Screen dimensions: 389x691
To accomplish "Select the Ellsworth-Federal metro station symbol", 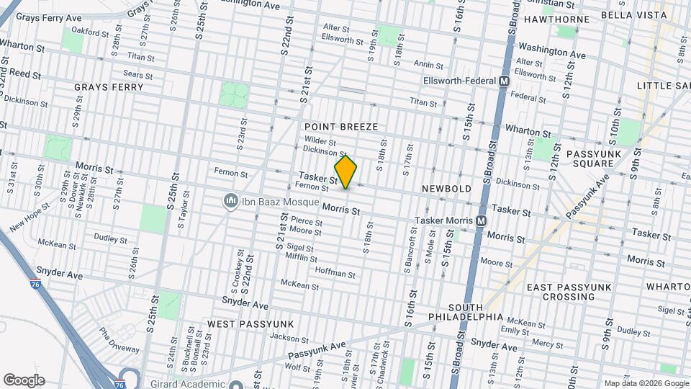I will point(505,81).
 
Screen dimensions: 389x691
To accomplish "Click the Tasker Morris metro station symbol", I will point(481,220).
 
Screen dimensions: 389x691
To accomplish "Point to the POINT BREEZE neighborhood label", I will point(340,127).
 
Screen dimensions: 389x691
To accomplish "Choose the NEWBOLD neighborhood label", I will point(446,189).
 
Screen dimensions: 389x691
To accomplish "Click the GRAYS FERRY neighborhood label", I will point(109,87).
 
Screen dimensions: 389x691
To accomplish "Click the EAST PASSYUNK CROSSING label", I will point(569,292).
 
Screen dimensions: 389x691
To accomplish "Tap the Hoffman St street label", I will point(335,273).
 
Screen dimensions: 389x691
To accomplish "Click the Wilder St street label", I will point(320,141).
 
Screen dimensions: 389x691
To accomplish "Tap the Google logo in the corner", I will point(24,380).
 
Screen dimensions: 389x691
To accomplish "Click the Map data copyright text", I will point(645,383).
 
